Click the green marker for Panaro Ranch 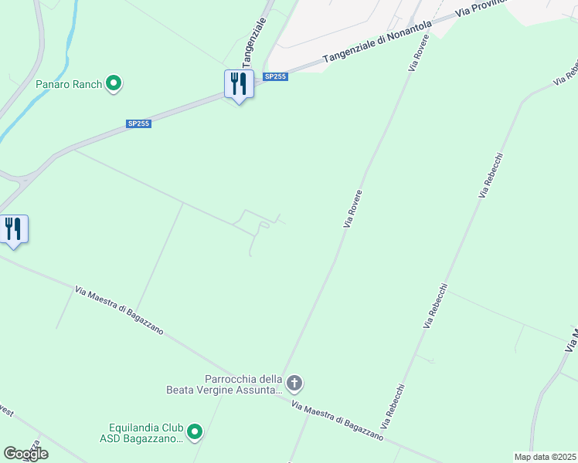click(114, 83)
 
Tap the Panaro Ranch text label click(69, 84)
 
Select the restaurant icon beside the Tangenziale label click(239, 83)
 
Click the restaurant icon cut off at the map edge click(13, 228)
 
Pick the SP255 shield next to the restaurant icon click(275, 76)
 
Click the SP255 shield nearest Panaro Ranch click(139, 123)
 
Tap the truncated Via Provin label click(482, 8)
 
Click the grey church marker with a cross click(294, 382)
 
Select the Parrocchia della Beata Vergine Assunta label click(224, 384)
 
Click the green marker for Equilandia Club click(195, 432)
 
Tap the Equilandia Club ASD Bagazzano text click(145, 433)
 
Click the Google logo click(25, 454)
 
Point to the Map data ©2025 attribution click(545, 457)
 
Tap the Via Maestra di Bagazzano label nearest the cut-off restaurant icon click(120, 310)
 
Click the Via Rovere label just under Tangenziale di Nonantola click(418, 53)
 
